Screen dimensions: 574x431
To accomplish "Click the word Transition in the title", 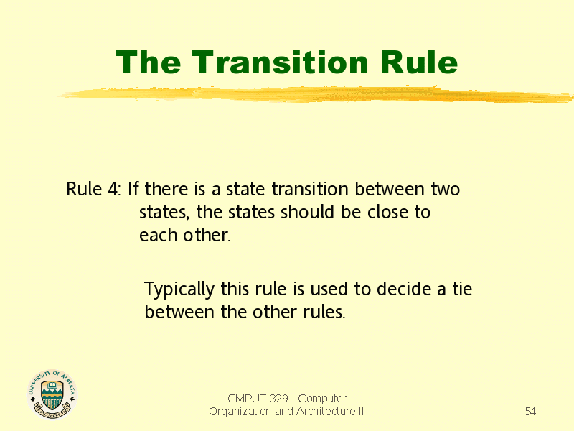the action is (280, 62).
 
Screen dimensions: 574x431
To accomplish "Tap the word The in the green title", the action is (149, 62).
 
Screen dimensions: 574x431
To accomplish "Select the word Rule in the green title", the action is (419, 62).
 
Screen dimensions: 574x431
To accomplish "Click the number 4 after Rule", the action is (113, 190).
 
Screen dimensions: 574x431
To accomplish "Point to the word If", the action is (133, 189).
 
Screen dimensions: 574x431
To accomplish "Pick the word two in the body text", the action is (445, 190).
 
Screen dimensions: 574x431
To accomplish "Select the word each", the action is (159, 236).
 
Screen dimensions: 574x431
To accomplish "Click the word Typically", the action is (179, 289).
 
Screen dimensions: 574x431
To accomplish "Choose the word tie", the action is (462, 289).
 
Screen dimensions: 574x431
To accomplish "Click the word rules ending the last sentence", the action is (324, 312).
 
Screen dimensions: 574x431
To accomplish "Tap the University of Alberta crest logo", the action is (52, 394).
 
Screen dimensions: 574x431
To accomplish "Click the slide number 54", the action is (530, 411).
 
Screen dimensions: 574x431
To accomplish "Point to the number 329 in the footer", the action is (279, 399).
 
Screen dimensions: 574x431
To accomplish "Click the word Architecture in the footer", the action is (326, 412).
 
